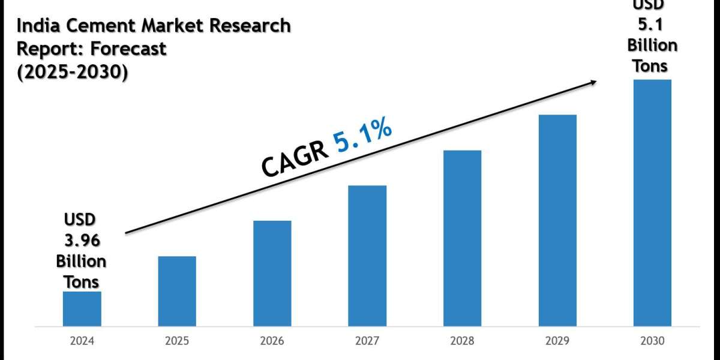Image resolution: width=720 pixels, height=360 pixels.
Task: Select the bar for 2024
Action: coord(82,309)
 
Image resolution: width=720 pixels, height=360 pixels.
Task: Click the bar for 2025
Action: coord(177,292)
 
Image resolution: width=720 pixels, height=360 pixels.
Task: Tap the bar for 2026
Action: coord(272,274)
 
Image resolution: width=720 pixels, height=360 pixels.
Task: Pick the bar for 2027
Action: coord(367,256)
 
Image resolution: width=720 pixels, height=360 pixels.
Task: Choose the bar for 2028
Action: coord(462,238)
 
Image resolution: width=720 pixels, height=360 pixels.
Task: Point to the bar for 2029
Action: coord(557,221)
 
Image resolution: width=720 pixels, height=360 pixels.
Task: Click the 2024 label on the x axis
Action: coord(82,341)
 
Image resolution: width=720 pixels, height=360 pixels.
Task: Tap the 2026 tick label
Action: coord(272,341)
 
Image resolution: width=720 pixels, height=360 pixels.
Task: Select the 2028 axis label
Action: coord(462,341)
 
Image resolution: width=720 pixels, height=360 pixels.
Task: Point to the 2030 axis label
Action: coord(652,341)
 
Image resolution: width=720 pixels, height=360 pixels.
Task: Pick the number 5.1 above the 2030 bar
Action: coord(652,26)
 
